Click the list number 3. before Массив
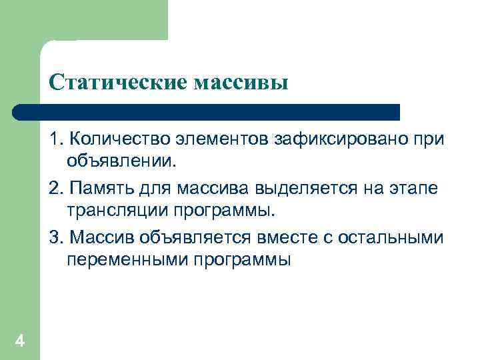coord(56,239)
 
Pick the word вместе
coord(285,239)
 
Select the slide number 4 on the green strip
coord(20,342)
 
